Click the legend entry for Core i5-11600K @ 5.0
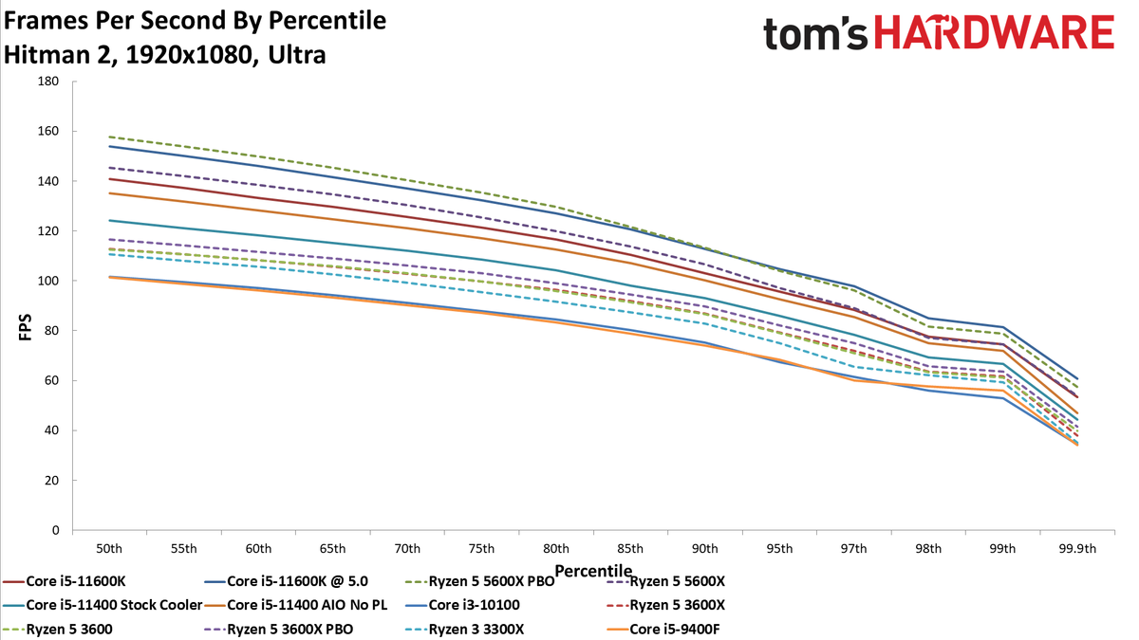[287, 581]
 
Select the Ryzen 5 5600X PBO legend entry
[480, 581]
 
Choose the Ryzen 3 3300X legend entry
[465, 630]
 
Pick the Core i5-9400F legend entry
[663, 630]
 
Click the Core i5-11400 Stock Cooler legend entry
[103, 605]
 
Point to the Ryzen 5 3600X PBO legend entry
[279, 630]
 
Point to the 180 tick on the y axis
[48, 82]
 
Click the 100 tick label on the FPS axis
[48, 281]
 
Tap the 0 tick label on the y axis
[55, 530]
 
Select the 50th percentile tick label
[109, 549]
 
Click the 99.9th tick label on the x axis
[1077, 549]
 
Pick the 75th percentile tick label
[481, 549]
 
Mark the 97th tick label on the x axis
[853, 549]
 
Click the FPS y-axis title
[26, 327]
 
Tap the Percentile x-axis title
[593, 571]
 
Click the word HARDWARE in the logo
[995, 32]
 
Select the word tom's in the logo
[815, 33]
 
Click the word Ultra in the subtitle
[297, 55]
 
